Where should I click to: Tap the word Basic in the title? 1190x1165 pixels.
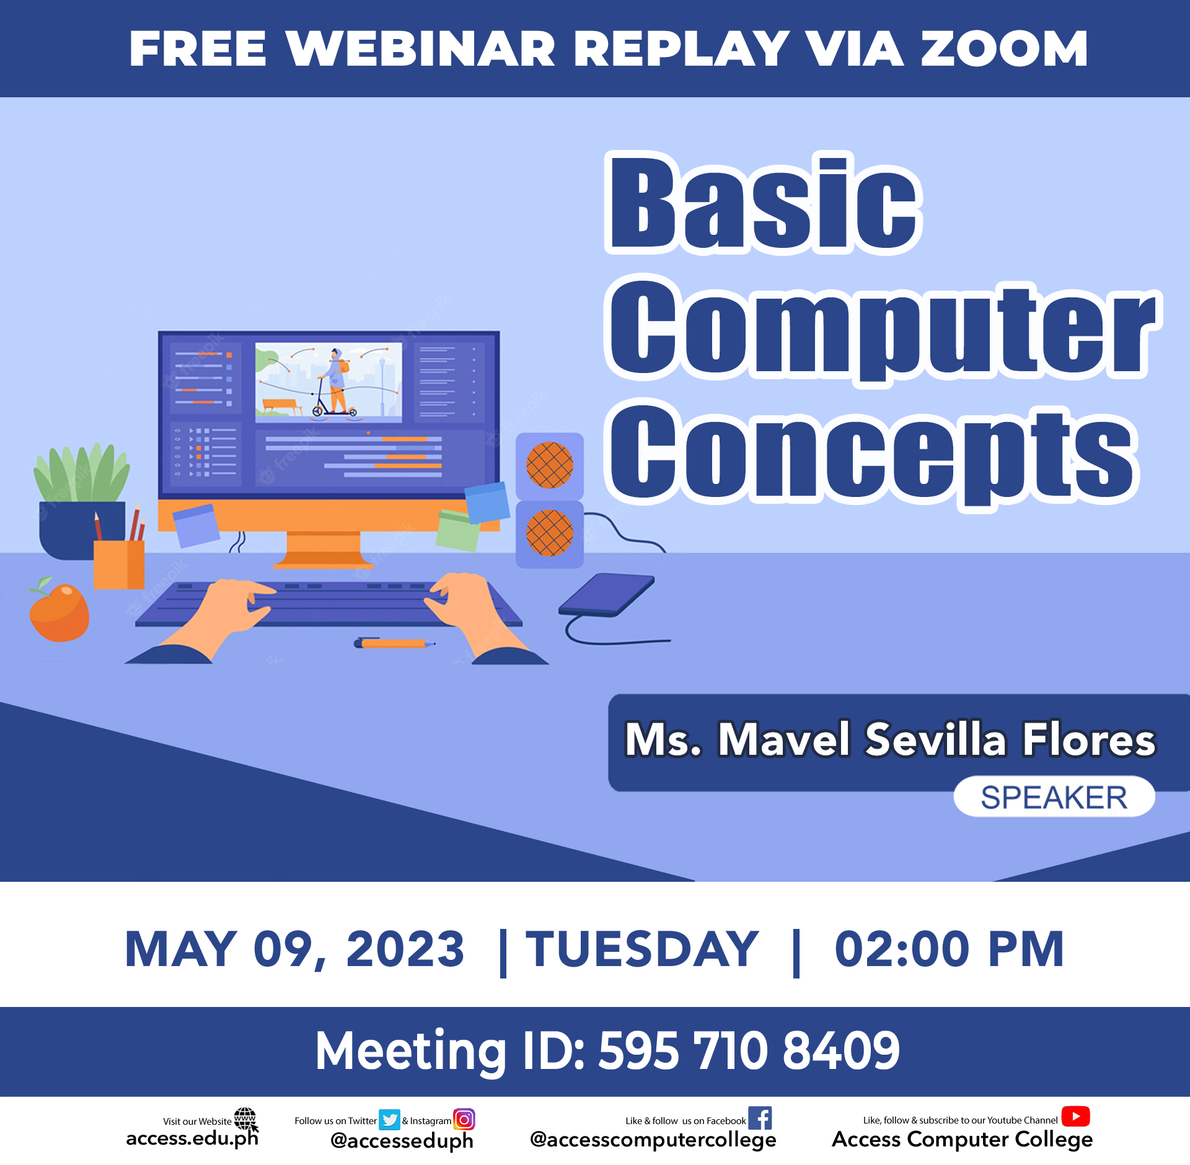(764, 203)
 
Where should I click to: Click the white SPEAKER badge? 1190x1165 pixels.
(1054, 797)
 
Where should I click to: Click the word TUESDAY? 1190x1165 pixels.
(642, 949)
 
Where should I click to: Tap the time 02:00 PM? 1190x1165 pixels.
(950, 949)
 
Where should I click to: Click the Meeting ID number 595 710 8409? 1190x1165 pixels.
(749, 1051)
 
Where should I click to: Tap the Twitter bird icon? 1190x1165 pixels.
(389, 1120)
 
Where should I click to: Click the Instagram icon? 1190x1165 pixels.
(464, 1119)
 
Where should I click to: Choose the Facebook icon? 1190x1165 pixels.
(760, 1118)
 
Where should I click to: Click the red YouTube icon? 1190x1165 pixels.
(1075, 1116)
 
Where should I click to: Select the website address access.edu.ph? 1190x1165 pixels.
(192, 1138)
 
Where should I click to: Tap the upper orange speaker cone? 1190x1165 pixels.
(549, 465)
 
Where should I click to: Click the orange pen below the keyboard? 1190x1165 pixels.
(394, 643)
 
